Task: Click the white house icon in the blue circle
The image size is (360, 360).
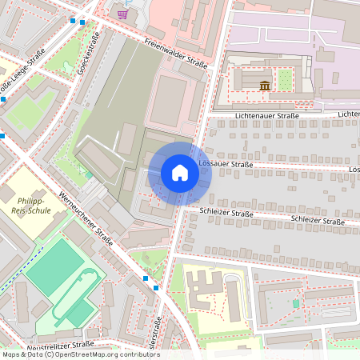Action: [x=179, y=173]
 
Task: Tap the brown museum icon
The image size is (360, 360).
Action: [x=265, y=86]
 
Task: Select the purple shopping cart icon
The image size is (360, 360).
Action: [x=122, y=14]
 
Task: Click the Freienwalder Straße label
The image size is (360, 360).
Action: [x=176, y=53]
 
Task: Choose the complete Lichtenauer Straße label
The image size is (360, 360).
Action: [x=266, y=115]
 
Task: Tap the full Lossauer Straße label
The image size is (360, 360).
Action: [x=225, y=164]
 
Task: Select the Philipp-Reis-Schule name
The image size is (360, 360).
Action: [x=25, y=206]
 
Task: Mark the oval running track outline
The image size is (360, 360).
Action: [x=80, y=296]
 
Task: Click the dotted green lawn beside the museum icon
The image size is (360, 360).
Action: [x=284, y=79]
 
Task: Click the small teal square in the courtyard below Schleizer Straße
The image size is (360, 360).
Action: [x=296, y=303]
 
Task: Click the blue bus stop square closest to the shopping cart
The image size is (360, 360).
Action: [x=82, y=22]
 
